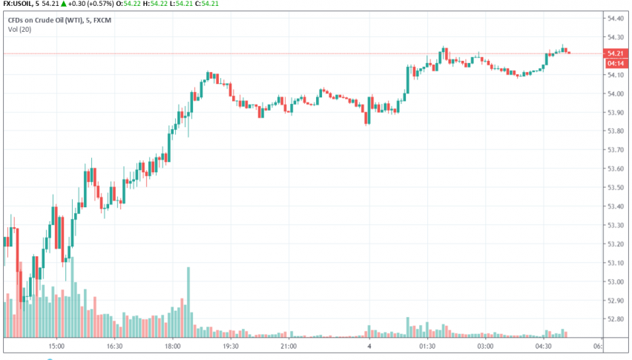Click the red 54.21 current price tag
coord(614,53)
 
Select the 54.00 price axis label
coord(615,94)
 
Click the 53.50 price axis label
coord(615,188)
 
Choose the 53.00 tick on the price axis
coord(615,282)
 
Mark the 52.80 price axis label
coord(615,320)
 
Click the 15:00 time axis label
coord(56,346)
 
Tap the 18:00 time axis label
coord(172,346)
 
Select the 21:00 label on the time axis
coord(289,346)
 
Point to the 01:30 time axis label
coord(427,346)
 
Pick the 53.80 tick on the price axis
coord(615,131)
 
